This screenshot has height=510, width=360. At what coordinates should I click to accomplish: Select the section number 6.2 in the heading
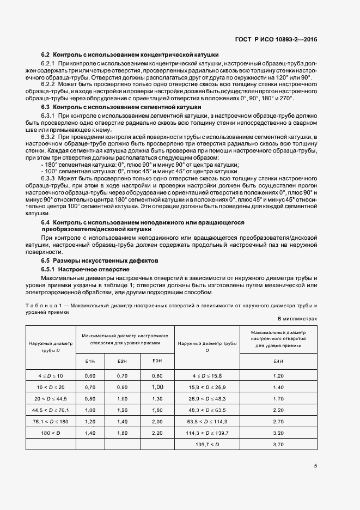46,55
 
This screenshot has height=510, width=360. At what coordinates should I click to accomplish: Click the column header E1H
90,361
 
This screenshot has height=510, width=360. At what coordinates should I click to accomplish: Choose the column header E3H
157,361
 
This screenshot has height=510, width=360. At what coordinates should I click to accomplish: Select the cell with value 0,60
90,376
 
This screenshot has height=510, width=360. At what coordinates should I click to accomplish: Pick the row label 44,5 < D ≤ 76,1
50,410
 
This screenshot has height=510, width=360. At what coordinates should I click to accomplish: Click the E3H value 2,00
157,422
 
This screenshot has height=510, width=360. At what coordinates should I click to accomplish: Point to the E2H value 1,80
122,433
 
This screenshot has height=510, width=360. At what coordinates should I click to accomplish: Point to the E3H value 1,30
157,399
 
